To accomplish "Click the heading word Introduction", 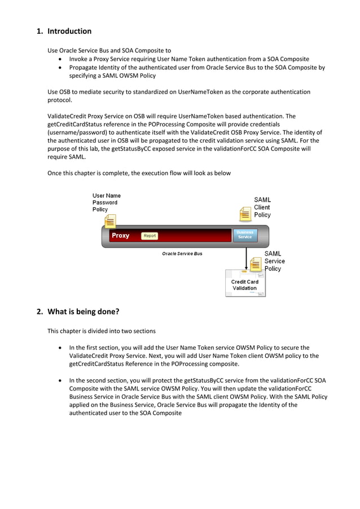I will [69, 31].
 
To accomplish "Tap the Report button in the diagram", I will [150, 236].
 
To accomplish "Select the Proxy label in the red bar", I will [120, 236].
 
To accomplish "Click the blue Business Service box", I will [245, 235].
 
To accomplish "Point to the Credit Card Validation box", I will [244, 284].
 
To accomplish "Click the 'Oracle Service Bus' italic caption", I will [182, 254].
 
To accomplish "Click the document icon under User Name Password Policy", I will [111, 221].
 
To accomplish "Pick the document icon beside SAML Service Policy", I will [256, 264].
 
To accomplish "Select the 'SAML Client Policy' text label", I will [262, 207].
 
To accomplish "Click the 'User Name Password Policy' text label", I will [106, 203].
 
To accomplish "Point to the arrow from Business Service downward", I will [247, 257].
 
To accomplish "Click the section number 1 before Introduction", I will [39, 31].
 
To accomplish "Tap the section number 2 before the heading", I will [39, 311].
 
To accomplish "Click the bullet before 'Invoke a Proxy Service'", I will [60, 59].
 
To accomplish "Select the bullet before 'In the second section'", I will [60, 380].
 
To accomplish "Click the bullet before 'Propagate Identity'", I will [60, 68].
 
